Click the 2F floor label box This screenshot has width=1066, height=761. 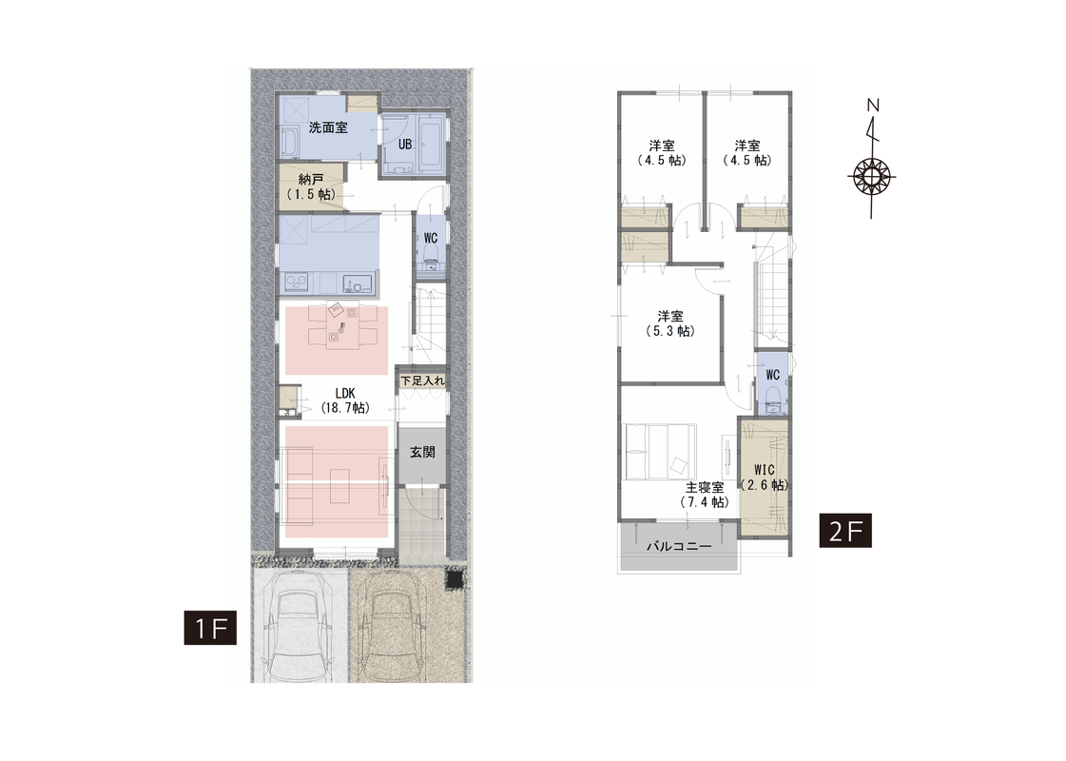tap(845, 531)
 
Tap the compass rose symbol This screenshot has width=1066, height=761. tap(872, 177)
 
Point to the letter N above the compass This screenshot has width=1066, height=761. tap(874, 106)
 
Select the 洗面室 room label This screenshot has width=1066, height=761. tap(328, 127)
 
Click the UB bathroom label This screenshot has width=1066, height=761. tap(404, 145)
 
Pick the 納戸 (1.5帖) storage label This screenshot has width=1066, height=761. tap(311, 187)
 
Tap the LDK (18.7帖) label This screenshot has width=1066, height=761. tap(344, 400)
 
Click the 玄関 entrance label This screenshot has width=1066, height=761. tap(422, 452)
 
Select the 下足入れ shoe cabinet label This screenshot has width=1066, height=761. tap(422, 380)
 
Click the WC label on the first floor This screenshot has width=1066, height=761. tap(431, 238)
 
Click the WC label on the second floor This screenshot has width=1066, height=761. tap(772, 376)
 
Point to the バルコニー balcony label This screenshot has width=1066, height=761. tap(678, 546)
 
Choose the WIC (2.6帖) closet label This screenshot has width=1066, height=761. tap(765, 478)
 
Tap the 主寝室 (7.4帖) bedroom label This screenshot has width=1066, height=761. tap(705, 495)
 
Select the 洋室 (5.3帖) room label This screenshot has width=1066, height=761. tap(670, 323)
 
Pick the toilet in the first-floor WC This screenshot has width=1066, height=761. tap(431, 256)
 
